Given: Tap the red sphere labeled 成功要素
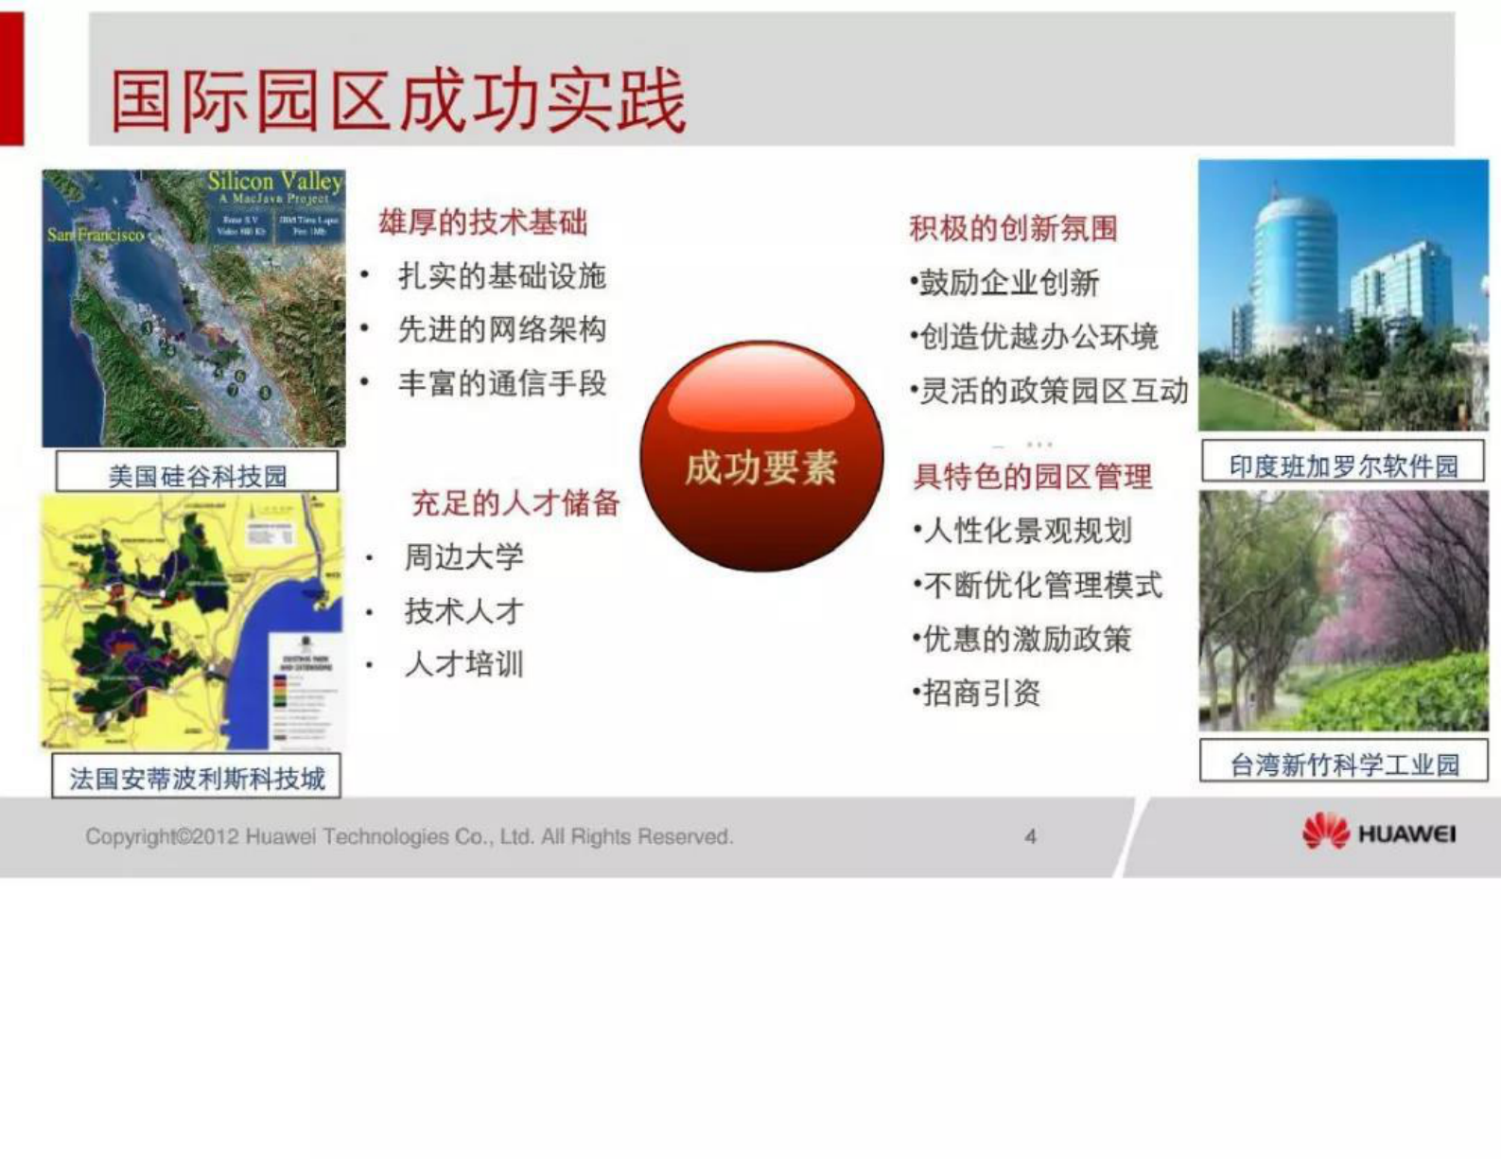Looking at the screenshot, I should point(761,457).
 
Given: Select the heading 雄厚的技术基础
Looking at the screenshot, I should point(482,223).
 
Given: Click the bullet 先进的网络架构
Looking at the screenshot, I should point(501,330).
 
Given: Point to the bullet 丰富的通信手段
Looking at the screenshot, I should point(501,384).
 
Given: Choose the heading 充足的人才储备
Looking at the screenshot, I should point(515,503).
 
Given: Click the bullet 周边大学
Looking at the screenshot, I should point(463,557).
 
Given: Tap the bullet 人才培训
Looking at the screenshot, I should point(463,664).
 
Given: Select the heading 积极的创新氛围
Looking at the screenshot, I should point(1013,229).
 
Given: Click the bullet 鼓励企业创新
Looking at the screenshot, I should point(1008,283).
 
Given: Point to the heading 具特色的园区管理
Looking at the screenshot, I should point(1033,477).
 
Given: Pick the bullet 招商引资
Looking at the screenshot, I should point(980,694).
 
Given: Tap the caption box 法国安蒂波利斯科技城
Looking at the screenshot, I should point(197,778).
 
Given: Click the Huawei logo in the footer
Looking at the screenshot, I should point(1378,834).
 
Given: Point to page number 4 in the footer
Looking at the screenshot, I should point(1031,836).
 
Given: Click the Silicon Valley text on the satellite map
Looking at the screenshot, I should point(274,181).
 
